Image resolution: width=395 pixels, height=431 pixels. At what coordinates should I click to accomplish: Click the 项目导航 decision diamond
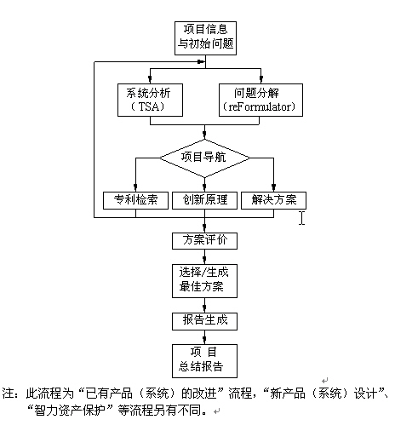click(204, 158)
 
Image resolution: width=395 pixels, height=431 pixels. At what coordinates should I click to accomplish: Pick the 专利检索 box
click(135, 200)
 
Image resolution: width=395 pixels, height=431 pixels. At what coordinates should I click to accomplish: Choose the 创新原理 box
click(204, 200)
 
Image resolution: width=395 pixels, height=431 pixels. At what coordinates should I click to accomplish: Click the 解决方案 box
click(272, 200)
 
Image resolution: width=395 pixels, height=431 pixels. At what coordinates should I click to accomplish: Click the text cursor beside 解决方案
click(301, 218)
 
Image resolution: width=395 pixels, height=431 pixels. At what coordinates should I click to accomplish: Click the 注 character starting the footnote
click(8, 394)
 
